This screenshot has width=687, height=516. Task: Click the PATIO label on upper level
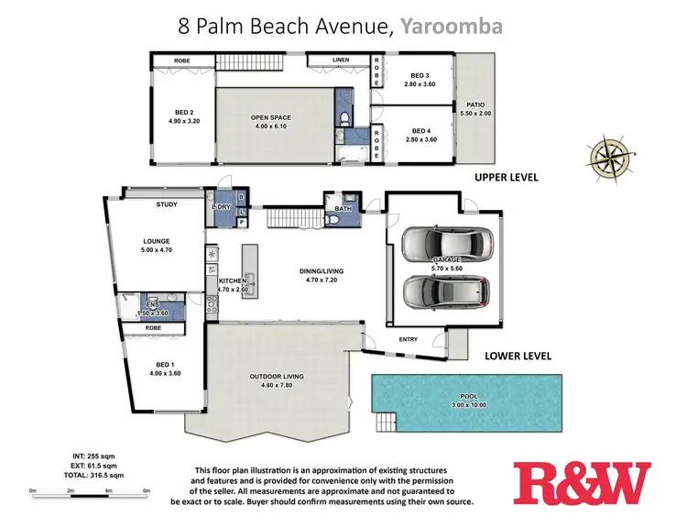(474, 104)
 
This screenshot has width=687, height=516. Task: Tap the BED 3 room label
(420, 75)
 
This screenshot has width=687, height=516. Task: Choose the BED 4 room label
(420, 130)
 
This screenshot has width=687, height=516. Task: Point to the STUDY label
(166, 204)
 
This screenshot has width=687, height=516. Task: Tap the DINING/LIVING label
(322, 271)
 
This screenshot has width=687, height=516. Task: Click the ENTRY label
(409, 339)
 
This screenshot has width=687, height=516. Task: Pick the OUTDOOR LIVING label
(277, 377)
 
